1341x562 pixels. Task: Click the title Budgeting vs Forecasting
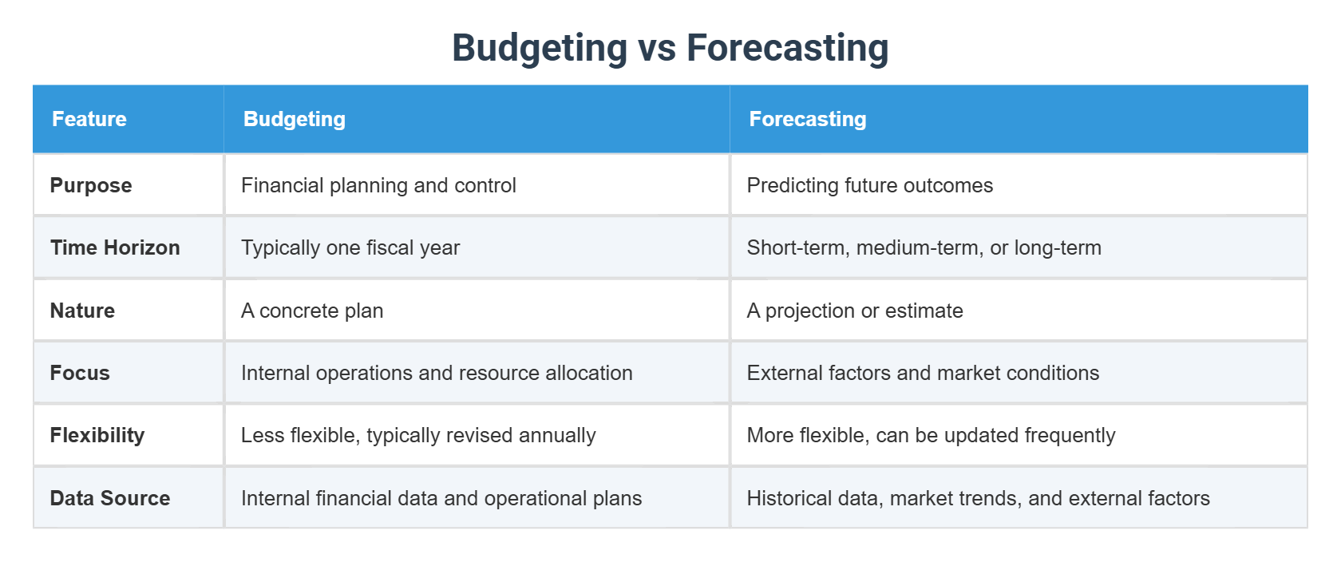tap(670, 48)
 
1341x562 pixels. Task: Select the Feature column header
tap(89, 119)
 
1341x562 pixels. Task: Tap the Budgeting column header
tap(295, 119)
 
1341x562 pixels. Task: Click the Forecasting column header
tap(807, 119)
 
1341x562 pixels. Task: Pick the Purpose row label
tap(91, 185)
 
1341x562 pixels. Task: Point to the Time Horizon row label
tap(115, 247)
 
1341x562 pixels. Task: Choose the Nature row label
tap(82, 311)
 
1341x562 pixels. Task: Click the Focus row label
tap(80, 373)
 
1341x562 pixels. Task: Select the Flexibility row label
tap(97, 435)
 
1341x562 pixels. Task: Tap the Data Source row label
tap(110, 498)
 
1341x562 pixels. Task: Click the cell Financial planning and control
tap(378, 185)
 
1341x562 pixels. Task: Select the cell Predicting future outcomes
tap(869, 185)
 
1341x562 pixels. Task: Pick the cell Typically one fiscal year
tap(350, 247)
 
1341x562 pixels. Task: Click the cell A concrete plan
tap(312, 311)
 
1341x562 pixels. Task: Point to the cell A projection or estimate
tap(854, 311)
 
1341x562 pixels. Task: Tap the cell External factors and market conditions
tap(923, 373)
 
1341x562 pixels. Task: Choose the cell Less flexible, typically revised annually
tap(418, 435)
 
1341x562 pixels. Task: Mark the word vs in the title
tap(657, 48)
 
